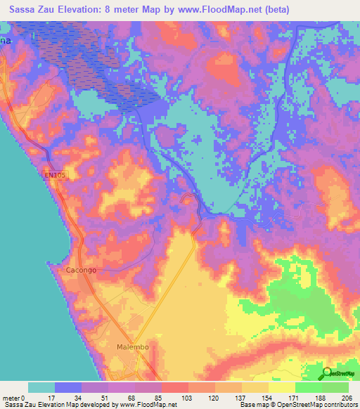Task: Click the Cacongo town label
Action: pyautogui.click(x=79, y=269)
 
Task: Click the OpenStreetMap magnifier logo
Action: pyautogui.click(x=327, y=372)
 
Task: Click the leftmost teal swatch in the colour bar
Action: pyautogui.click(x=41, y=387)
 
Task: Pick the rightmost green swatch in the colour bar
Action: pyautogui.click(x=335, y=387)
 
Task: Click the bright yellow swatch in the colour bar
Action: pyautogui.click(x=282, y=387)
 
